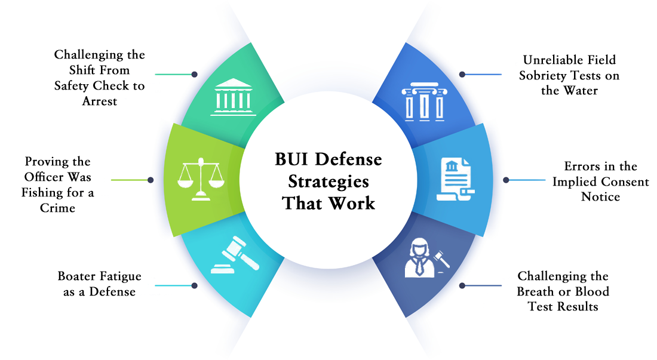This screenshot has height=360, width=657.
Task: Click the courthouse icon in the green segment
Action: (233, 97)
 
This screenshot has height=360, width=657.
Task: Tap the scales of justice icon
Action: (201, 179)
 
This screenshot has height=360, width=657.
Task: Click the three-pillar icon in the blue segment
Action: (424, 101)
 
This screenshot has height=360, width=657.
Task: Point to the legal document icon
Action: (455, 179)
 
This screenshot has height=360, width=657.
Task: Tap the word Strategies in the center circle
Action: (328, 181)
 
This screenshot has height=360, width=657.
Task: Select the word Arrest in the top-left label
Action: (100, 101)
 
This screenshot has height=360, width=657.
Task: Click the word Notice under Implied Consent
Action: (600, 197)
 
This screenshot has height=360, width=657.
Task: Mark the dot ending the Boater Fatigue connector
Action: (195, 285)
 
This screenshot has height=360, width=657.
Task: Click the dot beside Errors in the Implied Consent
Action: (506, 180)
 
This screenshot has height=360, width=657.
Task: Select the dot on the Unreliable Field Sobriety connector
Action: (462, 75)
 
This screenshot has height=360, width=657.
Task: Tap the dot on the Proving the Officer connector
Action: (151, 180)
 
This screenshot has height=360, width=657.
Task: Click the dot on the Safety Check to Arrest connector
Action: (195, 75)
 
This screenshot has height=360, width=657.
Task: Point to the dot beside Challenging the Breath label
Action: (462, 285)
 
